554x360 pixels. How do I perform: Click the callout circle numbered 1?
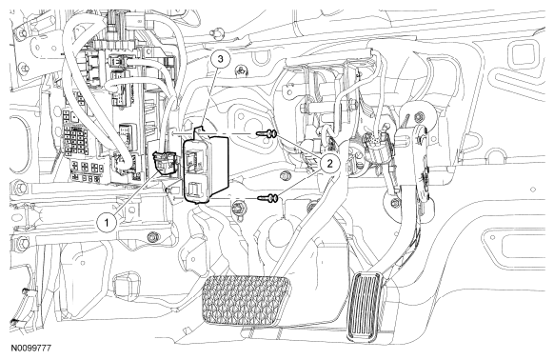(108, 223)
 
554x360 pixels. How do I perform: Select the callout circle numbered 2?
(329, 163)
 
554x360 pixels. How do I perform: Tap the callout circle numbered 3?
(221, 59)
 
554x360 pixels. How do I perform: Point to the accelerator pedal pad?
(366, 307)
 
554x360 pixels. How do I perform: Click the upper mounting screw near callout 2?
(266, 134)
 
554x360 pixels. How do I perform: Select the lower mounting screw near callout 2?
(267, 199)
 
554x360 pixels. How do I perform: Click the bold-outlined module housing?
(207, 167)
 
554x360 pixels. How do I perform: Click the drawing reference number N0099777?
(30, 348)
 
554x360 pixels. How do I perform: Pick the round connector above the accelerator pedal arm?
(378, 145)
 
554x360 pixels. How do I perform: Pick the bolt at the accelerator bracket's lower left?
(396, 203)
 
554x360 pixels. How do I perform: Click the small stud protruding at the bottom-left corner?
(14, 322)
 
